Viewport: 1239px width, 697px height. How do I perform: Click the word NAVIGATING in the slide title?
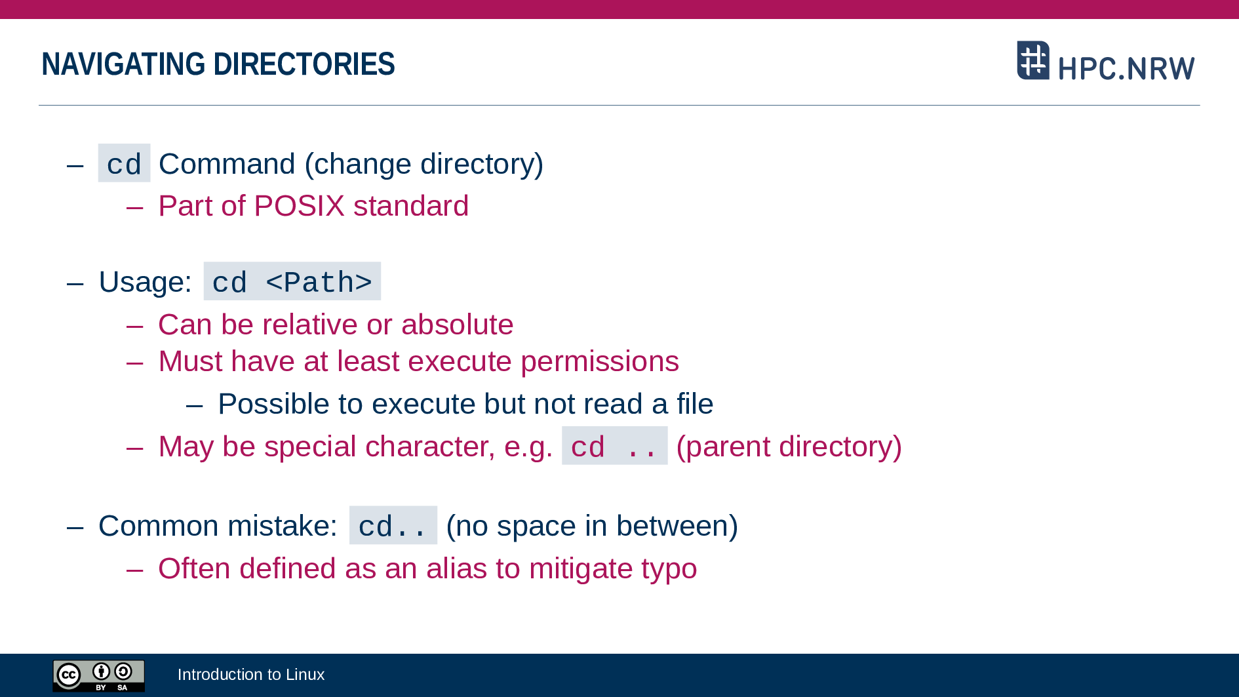pos(123,64)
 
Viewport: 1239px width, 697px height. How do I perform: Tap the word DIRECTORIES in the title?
pos(304,64)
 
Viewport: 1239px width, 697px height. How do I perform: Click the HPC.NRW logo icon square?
pos(1033,60)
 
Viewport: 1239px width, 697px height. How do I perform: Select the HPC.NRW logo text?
pos(1126,68)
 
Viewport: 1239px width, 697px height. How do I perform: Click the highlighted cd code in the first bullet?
pos(124,163)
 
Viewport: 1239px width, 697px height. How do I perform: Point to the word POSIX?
pos(299,206)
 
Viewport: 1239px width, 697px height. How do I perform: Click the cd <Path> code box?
pos(292,281)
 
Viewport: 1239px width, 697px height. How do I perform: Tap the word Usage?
pos(145,282)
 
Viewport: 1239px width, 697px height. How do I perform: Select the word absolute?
pos(457,325)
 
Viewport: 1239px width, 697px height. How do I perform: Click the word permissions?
pos(600,362)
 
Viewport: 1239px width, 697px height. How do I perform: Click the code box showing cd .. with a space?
pos(615,446)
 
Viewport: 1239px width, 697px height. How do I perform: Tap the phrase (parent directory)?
pos(789,447)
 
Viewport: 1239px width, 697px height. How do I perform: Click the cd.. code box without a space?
pos(393,525)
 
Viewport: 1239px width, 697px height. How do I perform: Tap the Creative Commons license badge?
pos(99,675)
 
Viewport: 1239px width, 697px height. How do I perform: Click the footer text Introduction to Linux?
pos(251,675)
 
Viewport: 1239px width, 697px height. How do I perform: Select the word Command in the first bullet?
pos(227,164)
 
